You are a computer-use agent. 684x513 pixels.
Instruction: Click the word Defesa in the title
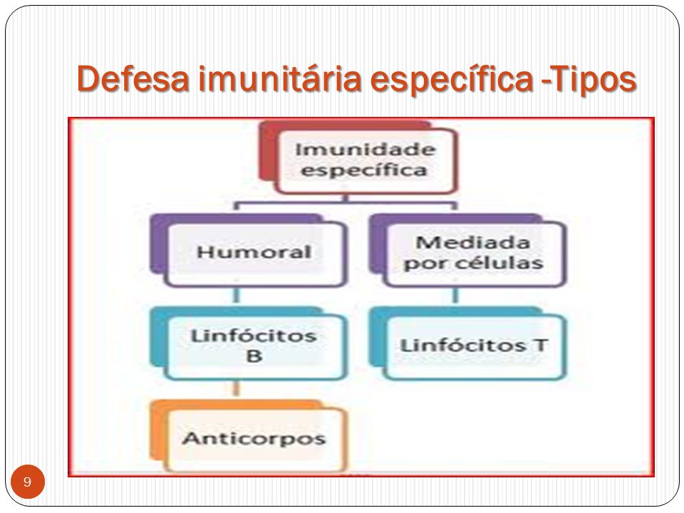tap(133, 78)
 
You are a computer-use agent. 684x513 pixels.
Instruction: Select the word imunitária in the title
tap(280, 78)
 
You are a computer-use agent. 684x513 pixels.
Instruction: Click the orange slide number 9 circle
tap(28, 482)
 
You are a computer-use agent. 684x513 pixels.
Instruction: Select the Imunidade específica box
tap(358, 157)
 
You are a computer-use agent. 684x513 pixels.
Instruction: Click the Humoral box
tap(249, 250)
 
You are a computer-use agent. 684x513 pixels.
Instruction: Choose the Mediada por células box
tap(467, 250)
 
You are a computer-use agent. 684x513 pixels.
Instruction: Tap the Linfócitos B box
tap(249, 343)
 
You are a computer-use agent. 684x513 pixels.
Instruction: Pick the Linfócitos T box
tap(467, 343)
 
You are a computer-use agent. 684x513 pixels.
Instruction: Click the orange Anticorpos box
tap(249, 436)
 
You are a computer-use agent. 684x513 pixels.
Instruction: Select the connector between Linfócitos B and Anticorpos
tap(237, 389)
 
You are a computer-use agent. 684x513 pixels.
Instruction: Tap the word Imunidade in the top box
tap(366, 150)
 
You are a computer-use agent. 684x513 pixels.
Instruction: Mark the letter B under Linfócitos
tap(254, 356)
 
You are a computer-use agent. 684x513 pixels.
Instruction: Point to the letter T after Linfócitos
tap(540, 345)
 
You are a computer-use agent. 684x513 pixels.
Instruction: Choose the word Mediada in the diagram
tap(473, 242)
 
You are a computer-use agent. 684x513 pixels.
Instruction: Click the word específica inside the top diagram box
tap(364, 170)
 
